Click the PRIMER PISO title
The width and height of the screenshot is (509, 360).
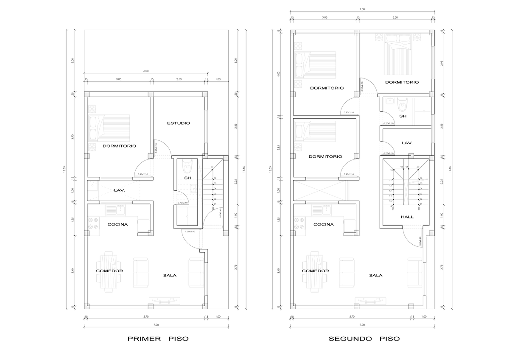pyautogui.click(x=158, y=339)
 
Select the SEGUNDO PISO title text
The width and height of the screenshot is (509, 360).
pyautogui.click(x=364, y=339)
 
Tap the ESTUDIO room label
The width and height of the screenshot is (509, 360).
pyautogui.click(x=178, y=123)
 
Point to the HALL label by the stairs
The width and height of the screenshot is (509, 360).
pyautogui.click(x=407, y=217)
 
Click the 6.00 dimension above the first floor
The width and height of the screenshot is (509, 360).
pyautogui.click(x=146, y=71)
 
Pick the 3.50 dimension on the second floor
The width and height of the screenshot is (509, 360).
pyautogui.click(x=395, y=18)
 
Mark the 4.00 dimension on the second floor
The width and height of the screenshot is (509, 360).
pyautogui.click(x=279, y=73)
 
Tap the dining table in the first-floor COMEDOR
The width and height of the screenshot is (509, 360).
pyautogui.click(x=110, y=271)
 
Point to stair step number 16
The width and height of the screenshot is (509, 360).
pyautogui.click(x=390, y=206)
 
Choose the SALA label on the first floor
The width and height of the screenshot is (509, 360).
pyautogui.click(x=170, y=275)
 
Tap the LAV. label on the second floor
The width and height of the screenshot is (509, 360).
pyautogui.click(x=407, y=143)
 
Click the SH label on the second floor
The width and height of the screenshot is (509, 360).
pyautogui.click(x=403, y=116)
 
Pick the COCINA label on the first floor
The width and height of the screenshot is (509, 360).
pyautogui.click(x=117, y=224)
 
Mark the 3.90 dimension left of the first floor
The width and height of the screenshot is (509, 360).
pyautogui.click(x=73, y=137)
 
